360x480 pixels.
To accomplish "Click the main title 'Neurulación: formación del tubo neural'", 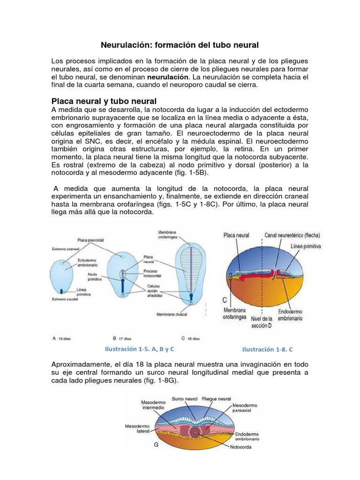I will click(x=180, y=45).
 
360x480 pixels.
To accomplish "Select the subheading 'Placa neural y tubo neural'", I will click(x=104, y=101).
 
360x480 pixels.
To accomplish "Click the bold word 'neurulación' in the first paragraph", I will click(x=168, y=76).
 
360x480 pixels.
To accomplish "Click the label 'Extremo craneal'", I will click(x=65, y=249).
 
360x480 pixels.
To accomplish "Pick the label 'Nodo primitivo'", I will click(x=92, y=277).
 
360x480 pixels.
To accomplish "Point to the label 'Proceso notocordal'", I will click(x=153, y=272).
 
